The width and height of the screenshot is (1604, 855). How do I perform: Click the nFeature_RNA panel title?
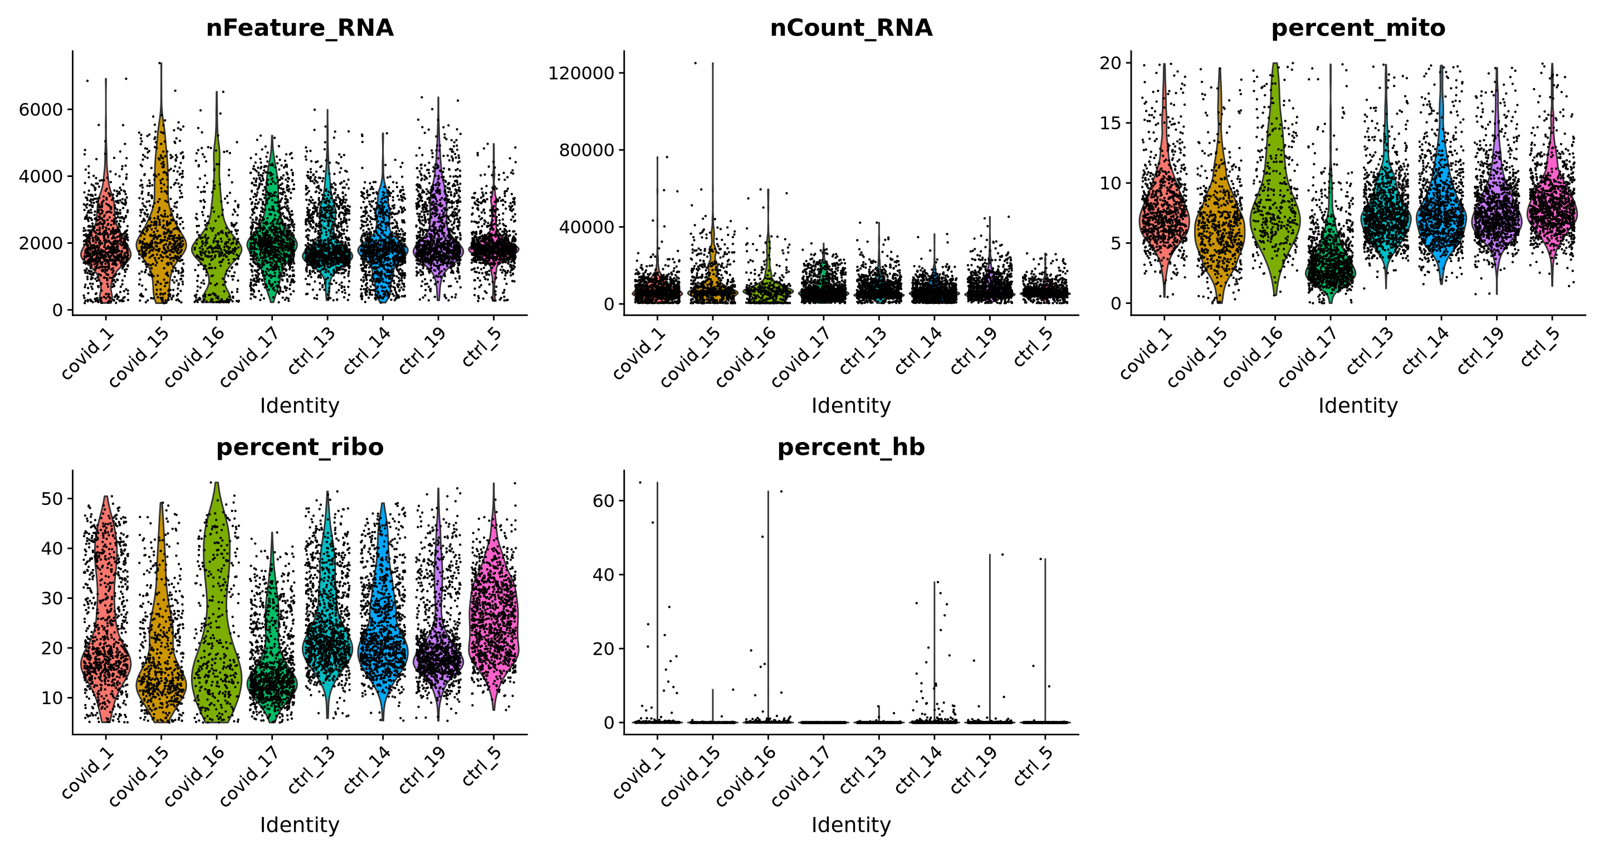(300, 28)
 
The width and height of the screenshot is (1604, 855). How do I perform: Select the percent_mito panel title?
(1357, 28)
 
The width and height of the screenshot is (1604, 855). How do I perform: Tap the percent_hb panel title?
(850, 448)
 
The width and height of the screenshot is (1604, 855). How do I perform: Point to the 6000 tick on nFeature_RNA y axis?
(41, 110)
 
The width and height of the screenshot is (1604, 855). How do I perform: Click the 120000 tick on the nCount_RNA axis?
(580, 73)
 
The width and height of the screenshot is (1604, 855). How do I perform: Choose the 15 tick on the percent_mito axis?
(1109, 123)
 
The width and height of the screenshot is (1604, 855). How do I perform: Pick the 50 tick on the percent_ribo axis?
(52, 498)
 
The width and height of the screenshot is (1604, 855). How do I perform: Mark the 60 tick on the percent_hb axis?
(603, 500)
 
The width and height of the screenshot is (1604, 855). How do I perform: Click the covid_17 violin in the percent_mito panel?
(1331, 262)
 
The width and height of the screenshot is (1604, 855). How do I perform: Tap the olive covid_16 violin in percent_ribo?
(217, 622)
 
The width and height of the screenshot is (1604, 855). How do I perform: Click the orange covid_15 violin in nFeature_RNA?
(162, 237)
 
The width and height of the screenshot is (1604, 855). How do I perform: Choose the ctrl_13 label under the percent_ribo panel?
(312, 770)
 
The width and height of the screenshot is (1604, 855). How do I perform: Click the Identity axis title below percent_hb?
(850, 824)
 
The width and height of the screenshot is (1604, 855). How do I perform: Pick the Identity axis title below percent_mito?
(1357, 406)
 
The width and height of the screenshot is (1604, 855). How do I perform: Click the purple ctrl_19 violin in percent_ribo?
(438, 660)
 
